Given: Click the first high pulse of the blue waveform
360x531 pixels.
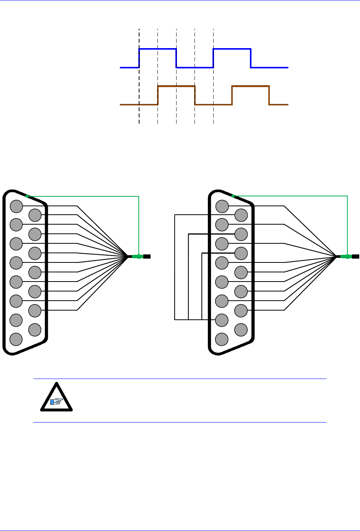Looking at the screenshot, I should pos(157,49).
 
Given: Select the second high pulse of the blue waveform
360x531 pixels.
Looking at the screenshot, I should pos(232,49).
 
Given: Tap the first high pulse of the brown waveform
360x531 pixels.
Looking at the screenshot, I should pos(176,87).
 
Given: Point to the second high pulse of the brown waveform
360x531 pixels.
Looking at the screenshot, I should pos(250,87).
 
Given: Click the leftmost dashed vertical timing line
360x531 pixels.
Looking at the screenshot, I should pos(139,115).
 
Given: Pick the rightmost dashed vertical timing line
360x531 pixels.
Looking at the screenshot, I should pos(213,115).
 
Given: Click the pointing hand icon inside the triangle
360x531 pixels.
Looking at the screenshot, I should pos(57,401).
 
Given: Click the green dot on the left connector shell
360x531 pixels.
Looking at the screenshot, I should pos(27,196).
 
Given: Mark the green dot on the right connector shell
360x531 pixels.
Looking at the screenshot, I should pos(233,196).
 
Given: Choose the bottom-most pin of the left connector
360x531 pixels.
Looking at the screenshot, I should pos(16,339).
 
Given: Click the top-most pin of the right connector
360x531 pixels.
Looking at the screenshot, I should pos(222,206).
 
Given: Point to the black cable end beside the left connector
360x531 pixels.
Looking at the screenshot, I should pos(147,256).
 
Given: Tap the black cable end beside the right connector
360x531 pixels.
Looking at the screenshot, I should pos(355,256).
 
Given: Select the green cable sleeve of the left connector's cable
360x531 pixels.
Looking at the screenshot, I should pos(138,256).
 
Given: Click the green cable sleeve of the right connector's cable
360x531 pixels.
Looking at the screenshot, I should pos(346,256).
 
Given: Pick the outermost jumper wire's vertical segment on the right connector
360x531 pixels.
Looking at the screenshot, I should pos(175,267).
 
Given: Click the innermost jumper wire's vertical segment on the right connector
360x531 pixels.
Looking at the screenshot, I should pos(202,287).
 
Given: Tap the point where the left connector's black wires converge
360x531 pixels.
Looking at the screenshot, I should pos(128,256).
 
